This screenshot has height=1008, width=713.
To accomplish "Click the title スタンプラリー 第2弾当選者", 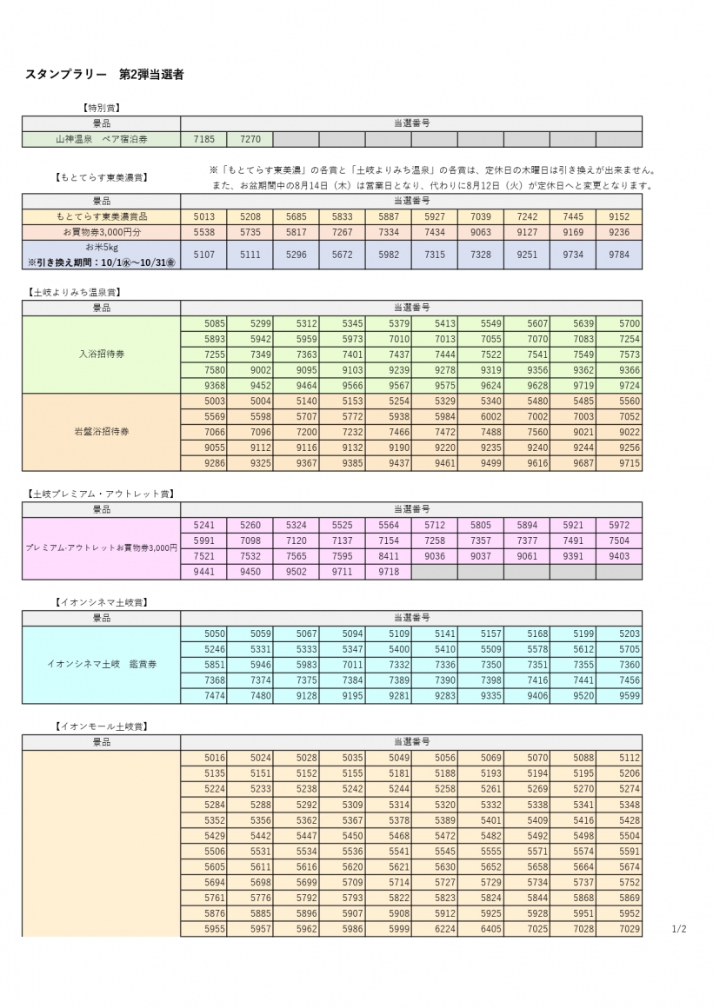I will coord(104,76).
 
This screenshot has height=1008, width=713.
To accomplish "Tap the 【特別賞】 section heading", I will coord(101,108).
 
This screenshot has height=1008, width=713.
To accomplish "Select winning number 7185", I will coord(204,139).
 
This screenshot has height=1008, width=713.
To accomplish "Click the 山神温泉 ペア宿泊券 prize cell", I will coord(101,139).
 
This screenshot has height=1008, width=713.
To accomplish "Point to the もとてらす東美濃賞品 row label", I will coord(101,216).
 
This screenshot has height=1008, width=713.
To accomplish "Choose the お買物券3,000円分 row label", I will coord(101,232).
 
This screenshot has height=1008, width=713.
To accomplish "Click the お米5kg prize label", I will coord(101,248).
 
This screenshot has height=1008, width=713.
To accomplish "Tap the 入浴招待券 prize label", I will coord(101,355).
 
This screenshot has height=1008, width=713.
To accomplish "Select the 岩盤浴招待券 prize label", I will coord(101,432).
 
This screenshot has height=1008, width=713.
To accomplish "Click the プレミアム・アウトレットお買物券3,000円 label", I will coord(101,548).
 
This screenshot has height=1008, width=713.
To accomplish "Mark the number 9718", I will coord(388,572).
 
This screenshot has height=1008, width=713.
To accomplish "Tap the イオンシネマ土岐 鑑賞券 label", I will coord(101,665).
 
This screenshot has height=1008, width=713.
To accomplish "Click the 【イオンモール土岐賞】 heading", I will coord(101,726).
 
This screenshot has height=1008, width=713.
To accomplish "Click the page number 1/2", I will coord(679,930).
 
